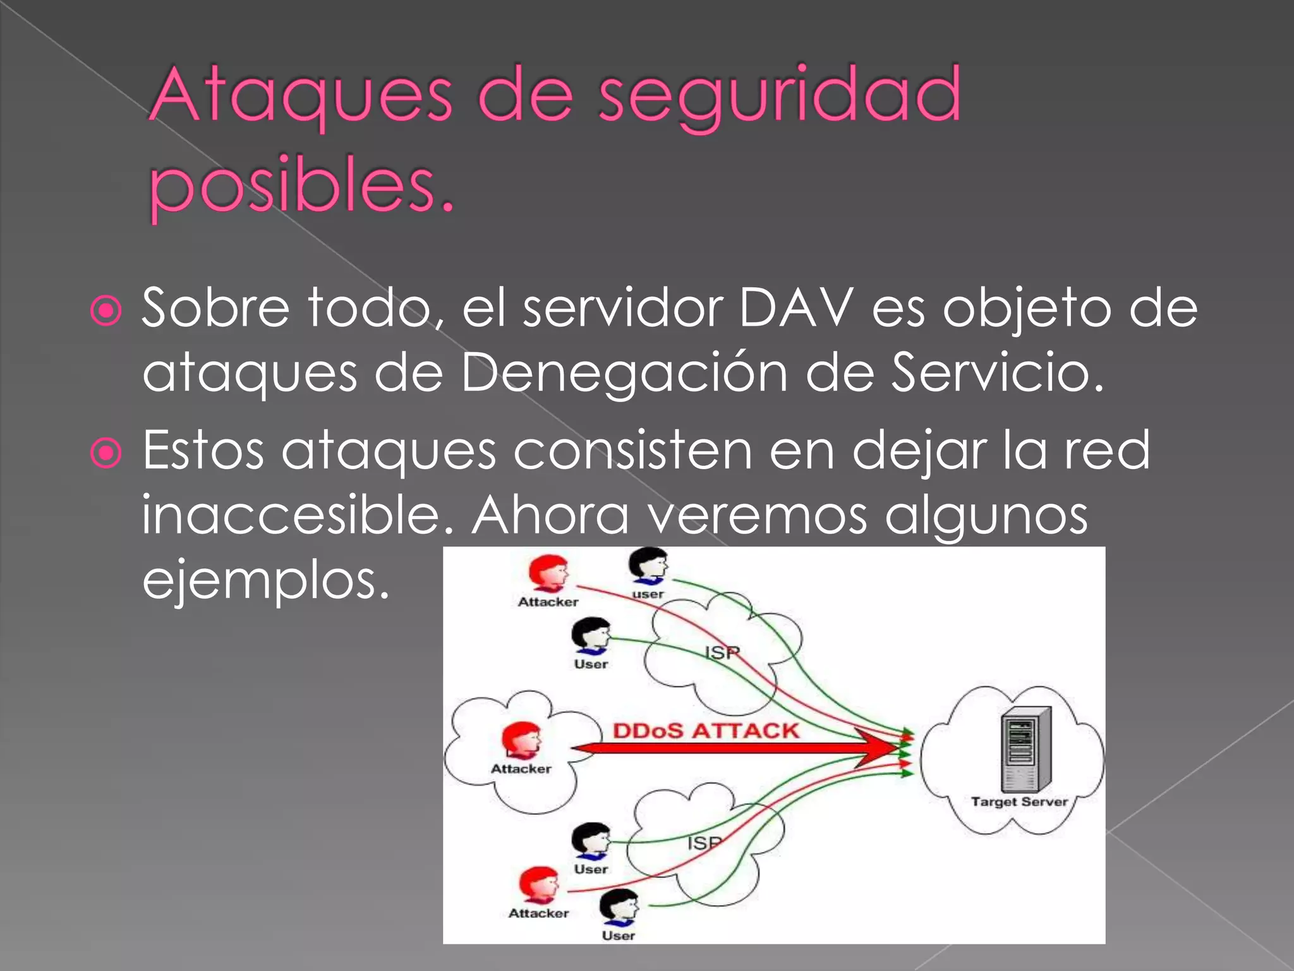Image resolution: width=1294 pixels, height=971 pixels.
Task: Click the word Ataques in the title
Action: [x=301, y=96]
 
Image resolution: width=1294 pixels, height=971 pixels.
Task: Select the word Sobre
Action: [x=215, y=308]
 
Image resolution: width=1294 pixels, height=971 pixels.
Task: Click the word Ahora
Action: [x=550, y=515]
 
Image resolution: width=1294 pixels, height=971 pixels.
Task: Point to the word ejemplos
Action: [x=265, y=580]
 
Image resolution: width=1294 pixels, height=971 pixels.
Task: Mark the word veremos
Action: [x=758, y=515]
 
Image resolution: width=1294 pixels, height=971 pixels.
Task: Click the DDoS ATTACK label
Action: [x=706, y=731]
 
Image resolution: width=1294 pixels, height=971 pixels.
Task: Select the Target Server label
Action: [x=1019, y=802]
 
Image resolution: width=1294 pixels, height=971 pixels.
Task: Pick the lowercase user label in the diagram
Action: [x=648, y=594]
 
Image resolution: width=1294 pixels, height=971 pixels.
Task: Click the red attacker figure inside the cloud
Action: [x=521, y=740]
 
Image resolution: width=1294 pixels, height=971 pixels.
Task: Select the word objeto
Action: [x=1026, y=308]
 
